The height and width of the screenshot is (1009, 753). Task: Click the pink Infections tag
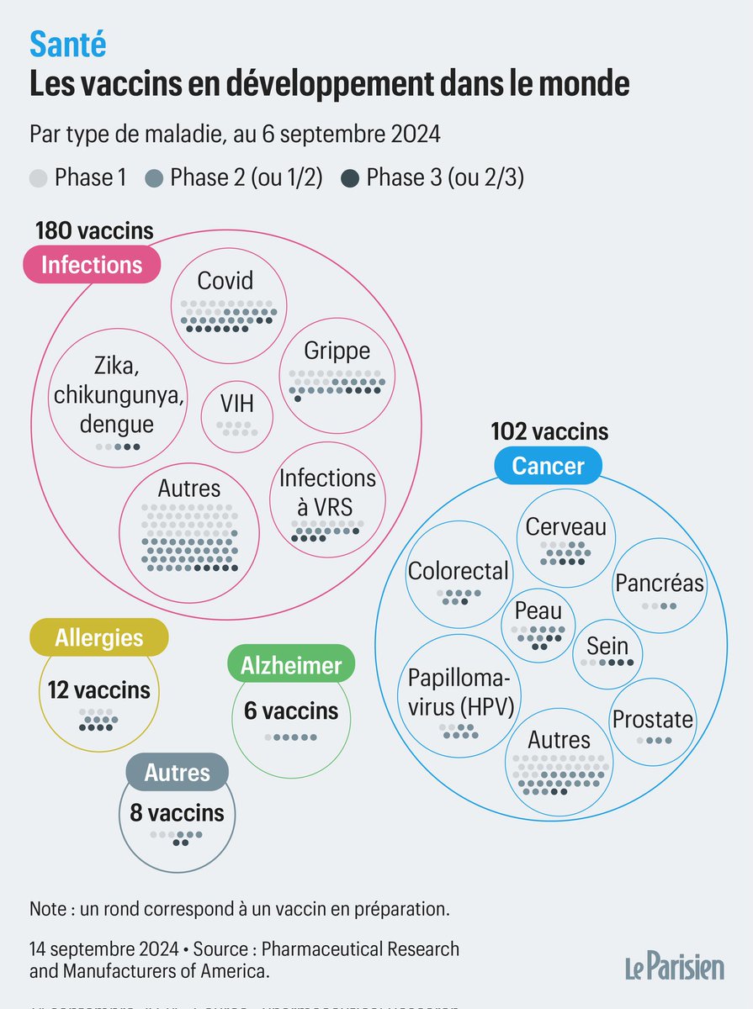coord(91,265)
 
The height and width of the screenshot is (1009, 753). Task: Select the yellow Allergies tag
coord(98,638)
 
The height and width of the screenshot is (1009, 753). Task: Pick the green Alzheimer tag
coord(291,667)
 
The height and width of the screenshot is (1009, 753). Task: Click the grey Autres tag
coord(177,772)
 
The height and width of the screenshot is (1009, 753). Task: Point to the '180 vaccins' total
coord(94,230)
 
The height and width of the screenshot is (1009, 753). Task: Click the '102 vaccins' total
coord(549,432)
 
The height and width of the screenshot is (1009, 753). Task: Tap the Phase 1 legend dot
coord(38,178)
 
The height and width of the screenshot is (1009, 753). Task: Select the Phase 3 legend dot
coord(351,178)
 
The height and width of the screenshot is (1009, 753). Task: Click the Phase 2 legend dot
coord(153,178)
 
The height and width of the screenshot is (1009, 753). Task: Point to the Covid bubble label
coord(225,281)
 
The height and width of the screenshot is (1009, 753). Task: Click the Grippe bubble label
coord(337,351)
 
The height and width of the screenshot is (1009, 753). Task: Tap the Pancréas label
coord(659,583)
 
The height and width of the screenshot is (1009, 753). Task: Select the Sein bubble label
coord(607,646)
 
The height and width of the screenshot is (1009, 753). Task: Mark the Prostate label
coord(653,719)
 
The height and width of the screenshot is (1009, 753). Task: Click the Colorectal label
coord(458,571)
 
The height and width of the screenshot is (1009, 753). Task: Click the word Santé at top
coord(68,46)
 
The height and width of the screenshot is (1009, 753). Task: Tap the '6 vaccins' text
coord(291,711)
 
